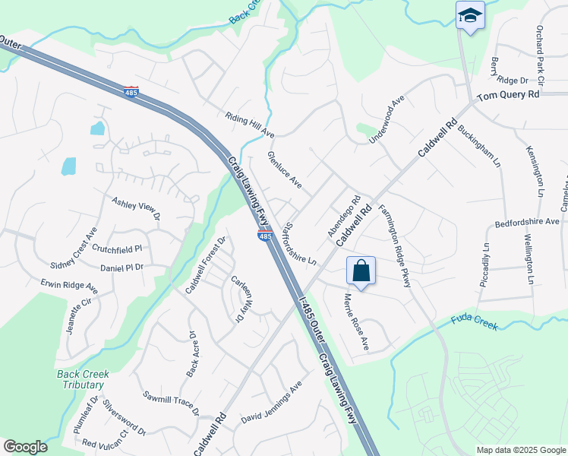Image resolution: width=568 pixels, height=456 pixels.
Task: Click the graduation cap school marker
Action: coord(470,15)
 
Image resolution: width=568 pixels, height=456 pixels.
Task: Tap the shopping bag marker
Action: coord(361,271)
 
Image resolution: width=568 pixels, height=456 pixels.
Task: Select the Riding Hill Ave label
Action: coord(249,125)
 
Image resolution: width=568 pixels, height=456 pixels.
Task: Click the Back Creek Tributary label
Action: coord(83,379)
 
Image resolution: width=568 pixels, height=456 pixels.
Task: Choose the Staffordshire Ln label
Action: coord(299,243)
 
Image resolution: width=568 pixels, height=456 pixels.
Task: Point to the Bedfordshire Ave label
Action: coord(527,223)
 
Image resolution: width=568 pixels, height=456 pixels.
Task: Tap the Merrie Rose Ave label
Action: coord(356,322)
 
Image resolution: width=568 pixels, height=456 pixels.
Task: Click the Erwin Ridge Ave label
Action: coord(69,286)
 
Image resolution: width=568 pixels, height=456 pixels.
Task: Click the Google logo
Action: coord(25,447)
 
